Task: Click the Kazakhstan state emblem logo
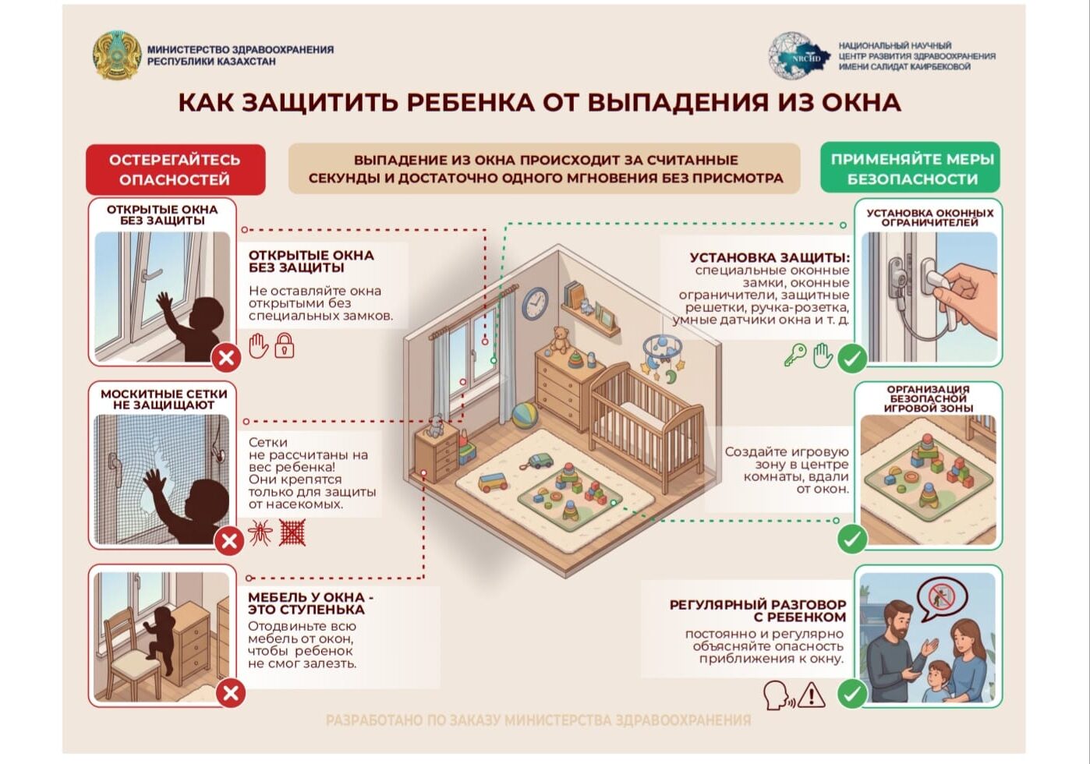coord(117,55)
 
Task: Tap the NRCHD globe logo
coord(799,55)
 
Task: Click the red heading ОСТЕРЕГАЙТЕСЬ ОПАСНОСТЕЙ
coord(175,169)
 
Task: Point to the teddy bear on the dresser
coord(560,339)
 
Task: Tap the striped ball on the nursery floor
coord(525,415)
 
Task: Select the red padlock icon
coord(284,345)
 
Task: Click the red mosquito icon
coord(260,532)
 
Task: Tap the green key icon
coord(795,355)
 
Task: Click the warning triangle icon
coord(811,694)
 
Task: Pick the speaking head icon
coord(777,695)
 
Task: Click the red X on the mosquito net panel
coord(229,541)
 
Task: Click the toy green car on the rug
coord(540,460)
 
